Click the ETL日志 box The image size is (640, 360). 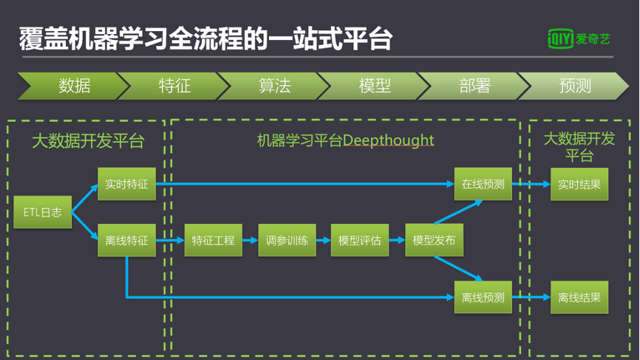[42, 212]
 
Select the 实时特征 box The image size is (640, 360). [126, 184]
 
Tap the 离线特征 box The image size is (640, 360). [126, 240]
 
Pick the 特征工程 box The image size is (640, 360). [214, 240]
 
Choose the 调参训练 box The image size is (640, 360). [287, 240]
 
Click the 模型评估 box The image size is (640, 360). [359, 240]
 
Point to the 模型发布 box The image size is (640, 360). [434, 240]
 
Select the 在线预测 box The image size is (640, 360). [483, 184]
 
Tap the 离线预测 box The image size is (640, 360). [483, 297]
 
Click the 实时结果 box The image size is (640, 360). [579, 184]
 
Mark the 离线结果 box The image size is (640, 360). [579, 297]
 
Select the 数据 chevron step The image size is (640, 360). [74, 86]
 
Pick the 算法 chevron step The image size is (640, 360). [274, 86]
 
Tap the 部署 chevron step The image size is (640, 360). [474, 86]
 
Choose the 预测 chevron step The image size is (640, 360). [574, 86]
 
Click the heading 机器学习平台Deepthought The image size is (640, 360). [345, 140]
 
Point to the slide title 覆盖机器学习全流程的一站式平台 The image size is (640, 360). [205, 38]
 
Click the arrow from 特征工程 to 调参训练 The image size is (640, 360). [251, 240]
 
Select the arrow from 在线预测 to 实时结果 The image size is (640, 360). [531, 184]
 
